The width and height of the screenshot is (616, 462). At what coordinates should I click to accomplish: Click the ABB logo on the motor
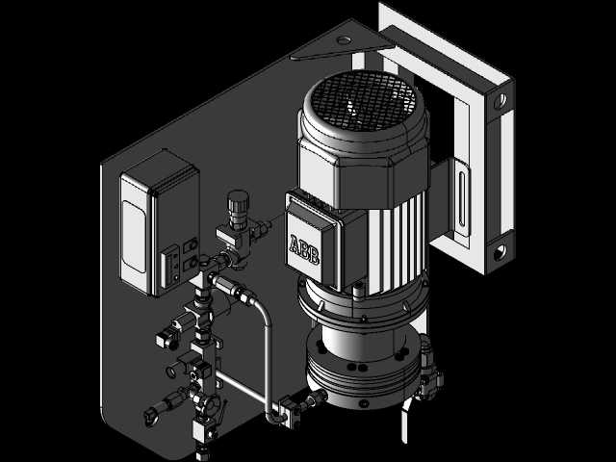(304, 249)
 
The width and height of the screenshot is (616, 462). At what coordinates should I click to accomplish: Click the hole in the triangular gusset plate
(344, 40)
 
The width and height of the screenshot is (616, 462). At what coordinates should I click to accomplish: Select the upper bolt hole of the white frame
(500, 101)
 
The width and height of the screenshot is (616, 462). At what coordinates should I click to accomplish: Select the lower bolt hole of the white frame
(500, 252)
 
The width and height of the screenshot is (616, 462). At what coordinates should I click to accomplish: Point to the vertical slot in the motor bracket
(462, 199)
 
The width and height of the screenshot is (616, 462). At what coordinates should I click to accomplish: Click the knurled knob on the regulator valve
(238, 205)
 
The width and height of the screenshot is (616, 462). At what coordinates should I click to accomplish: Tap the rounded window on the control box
(135, 237)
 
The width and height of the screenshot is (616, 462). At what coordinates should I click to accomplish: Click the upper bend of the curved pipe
(263, 309)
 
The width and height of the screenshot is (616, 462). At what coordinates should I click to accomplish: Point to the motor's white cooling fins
(397, 244)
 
